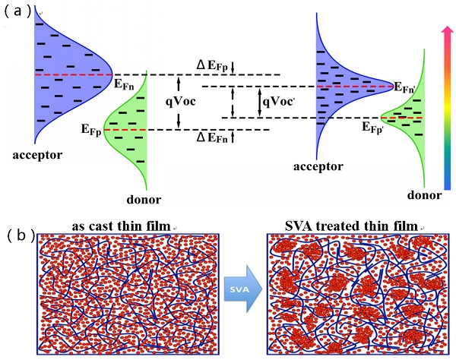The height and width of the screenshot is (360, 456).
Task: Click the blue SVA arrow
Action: coord(243,289)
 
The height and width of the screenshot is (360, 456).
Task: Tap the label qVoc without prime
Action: coord(181,101)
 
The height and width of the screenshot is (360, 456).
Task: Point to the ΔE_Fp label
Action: coord(212,66)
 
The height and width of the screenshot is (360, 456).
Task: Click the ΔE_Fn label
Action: coord(212,137)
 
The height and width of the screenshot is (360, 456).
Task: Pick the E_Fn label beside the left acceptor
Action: coord(124,84)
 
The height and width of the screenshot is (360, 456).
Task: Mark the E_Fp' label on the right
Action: coord(373,128)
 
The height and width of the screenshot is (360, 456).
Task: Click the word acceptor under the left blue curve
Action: coord(37,155)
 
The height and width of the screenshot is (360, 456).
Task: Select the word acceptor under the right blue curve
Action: coord(318,167)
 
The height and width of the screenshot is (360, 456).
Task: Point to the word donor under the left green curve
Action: coord(144,200)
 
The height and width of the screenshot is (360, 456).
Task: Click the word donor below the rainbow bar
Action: coord(424,194)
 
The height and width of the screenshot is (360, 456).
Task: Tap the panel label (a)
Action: coord(17,11)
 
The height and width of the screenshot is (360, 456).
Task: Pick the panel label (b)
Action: coord(21,236)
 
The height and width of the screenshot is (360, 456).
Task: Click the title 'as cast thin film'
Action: coord(121,226)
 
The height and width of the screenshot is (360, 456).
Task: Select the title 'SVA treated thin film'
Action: coord(351,226)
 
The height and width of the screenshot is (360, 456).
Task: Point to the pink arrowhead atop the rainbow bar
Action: coord(448,30)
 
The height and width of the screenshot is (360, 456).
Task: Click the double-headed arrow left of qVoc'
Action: coord(233,102)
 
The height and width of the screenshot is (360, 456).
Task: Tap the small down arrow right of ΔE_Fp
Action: coord(233,68)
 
